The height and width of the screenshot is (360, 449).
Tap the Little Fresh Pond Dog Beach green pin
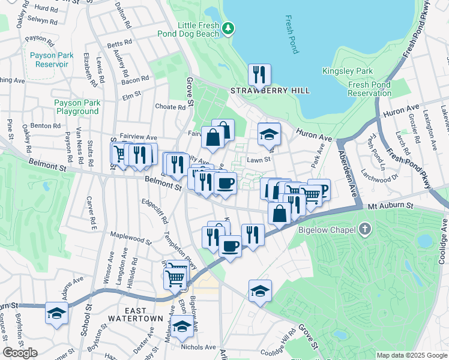click(x=228, y=28)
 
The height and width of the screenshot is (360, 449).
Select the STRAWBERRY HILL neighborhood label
click(x=271, y=91)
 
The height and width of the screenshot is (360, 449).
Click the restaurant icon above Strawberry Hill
click(x=259, y=74)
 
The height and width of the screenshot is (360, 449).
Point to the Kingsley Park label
click(x=348, y=71)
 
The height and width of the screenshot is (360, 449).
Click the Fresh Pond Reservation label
click(x=370, y=89)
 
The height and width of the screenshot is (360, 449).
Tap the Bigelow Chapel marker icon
click(x=365, y=229)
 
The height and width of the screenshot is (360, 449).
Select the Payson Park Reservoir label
click(x=52, y=59)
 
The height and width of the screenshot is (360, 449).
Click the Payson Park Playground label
click(x=76, y=107)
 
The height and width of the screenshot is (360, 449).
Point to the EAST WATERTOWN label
click(x=135, y=314)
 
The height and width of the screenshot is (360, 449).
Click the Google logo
click(x=20, y=353)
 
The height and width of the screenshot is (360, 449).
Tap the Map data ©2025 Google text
click(x=411, y=355)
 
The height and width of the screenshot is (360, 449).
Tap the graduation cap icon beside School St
click(x=56, y=314)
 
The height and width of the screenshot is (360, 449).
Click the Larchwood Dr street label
click(x=380, y=178)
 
